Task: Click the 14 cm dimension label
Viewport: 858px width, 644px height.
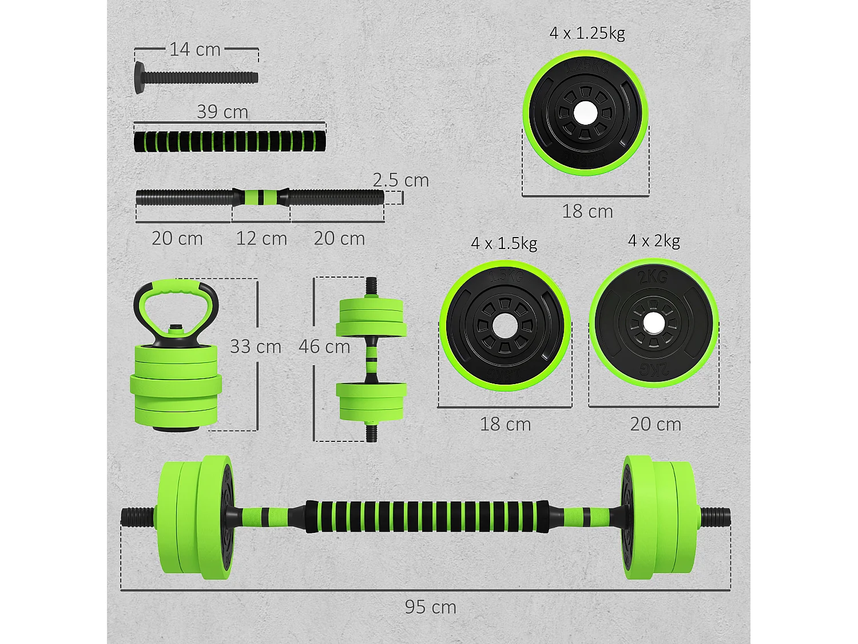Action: [195, 50]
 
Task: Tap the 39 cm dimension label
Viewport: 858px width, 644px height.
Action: [223, 112]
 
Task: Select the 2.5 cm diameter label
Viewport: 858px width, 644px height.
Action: [401, 180]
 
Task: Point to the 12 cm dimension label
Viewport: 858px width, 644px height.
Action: [261, 239]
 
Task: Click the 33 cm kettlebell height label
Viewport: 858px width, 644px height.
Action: [256, 347]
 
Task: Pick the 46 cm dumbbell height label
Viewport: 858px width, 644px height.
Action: [324, 347]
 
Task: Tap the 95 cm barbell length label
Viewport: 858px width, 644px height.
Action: [430, 607]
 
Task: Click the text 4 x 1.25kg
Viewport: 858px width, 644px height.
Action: [587, 33]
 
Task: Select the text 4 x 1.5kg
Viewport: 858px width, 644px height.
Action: [504, 243]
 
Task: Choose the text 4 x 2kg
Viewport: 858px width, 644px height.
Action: [654, 241]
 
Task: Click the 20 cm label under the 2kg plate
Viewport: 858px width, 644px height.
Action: [656, 424]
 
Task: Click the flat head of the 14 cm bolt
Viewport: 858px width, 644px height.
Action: [140, 77]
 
